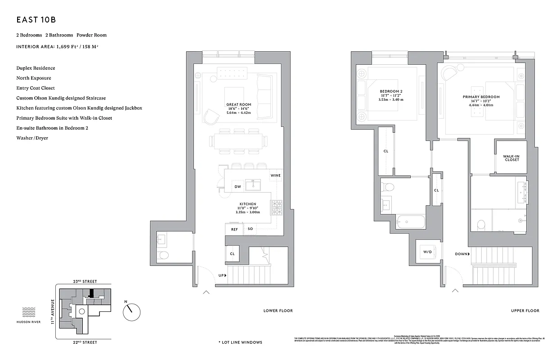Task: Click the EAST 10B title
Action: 36,20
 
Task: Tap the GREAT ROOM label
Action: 239,104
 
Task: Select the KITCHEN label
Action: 247,204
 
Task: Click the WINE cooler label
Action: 276,175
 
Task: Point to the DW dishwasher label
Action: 238,187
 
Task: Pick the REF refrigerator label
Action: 234,229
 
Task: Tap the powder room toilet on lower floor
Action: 164,256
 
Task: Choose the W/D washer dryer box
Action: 427,252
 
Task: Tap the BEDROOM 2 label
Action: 391,91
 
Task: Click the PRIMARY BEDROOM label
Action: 481,97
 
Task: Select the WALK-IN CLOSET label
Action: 511,157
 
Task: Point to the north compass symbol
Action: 131,310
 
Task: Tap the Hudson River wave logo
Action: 29,310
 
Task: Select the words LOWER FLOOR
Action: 278,310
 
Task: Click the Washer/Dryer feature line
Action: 32,138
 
